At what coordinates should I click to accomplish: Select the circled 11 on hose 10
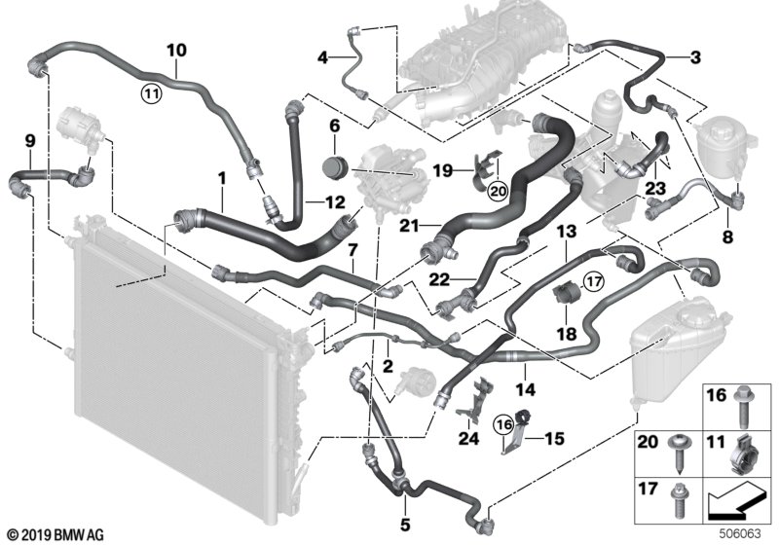(x=149, y=93)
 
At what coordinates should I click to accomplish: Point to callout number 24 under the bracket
(x=471, y=424)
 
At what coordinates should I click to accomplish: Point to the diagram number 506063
(x=748, y=533)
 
